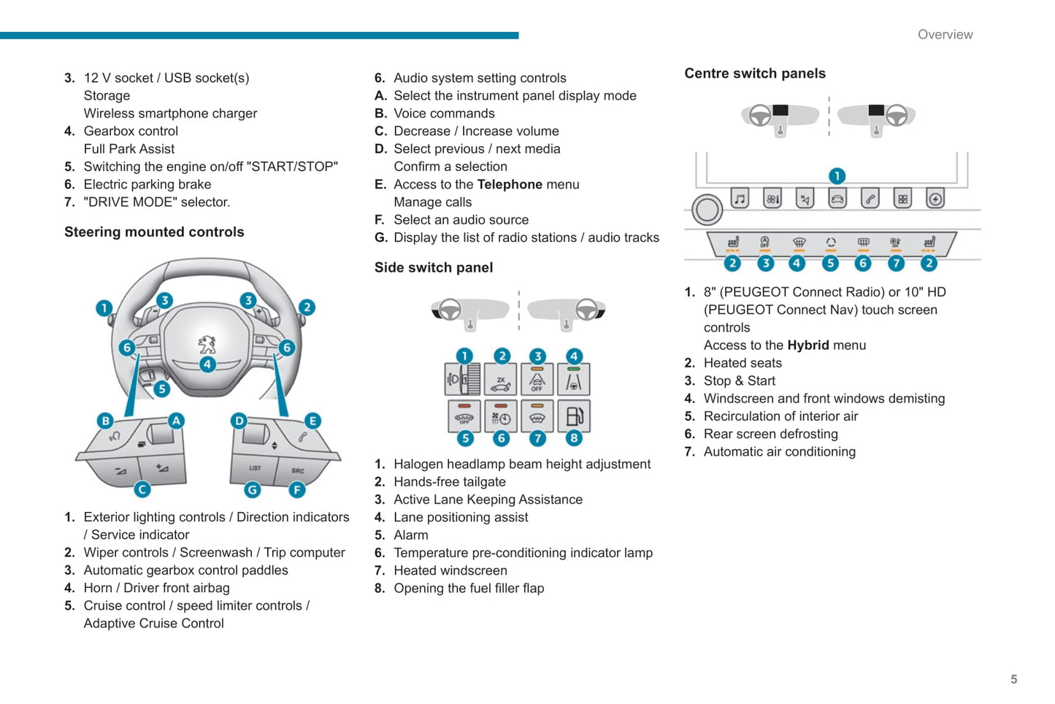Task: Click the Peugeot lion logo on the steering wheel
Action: [x=207, y=344]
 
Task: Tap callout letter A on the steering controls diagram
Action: [x=176, y=421]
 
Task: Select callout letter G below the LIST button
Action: [x=253, y=489]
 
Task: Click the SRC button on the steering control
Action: [x=298, y=470]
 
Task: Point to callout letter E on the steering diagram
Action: [x=312, y=421]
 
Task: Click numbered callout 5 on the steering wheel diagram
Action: [x=162, y=389]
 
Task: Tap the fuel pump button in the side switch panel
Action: [x=574, y=416]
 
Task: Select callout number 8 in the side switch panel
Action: [x=574, y=438]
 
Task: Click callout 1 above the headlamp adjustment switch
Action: [x=464, y=356]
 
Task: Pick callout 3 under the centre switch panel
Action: [x=765, y=263]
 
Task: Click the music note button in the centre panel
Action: [x=740, y=198]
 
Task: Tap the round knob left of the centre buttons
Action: [x=707, y=210]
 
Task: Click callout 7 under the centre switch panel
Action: [x=896, y=263]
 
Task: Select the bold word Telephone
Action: [x=510, y=185]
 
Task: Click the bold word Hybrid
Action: [x=807, y=345]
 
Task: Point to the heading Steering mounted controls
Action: [x=154, y=232]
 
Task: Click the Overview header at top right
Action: [x=945, y=34]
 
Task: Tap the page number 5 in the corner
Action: [x=1013, y=679]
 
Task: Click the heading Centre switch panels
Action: [x=755, y=74]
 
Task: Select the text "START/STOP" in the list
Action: [x=293, y=167]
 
